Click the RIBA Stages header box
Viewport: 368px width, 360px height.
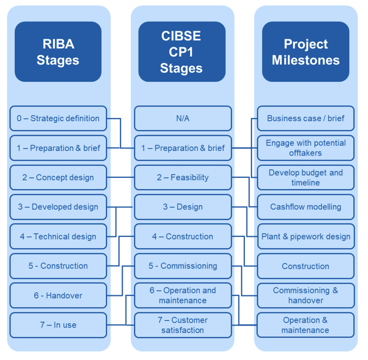tap(58, 52)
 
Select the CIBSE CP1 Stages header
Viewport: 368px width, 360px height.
tap(182, 52)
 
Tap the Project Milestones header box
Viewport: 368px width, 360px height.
tap(306, 52)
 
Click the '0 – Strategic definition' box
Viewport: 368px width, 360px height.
tap(58, 118)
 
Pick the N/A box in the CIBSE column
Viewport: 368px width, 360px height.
tap(183, 118)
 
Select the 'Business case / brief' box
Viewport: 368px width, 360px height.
tap(306, 118)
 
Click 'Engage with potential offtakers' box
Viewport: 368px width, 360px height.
tap(306, 148)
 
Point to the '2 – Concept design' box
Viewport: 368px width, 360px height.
tap(58, 177)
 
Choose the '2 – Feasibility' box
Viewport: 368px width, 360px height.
tap(183, 177)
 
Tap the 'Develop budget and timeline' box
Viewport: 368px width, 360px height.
tap(306, 177)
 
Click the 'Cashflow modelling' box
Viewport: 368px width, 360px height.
tap(306, 207)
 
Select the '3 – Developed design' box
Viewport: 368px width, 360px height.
tap(58, 207)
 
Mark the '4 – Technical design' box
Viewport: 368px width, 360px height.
tap(58, 237)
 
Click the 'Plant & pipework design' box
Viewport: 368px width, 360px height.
tap(306, 237)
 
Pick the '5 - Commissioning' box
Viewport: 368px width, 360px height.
tap(183, 266)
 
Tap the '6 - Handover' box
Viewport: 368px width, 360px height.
tap(58, 296)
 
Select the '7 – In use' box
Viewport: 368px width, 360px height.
tap(58, 325)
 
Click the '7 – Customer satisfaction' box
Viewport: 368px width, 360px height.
tap(183, 325)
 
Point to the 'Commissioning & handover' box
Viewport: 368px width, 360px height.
tap(306, 296)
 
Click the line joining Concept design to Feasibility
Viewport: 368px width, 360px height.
tap(121, 177)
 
